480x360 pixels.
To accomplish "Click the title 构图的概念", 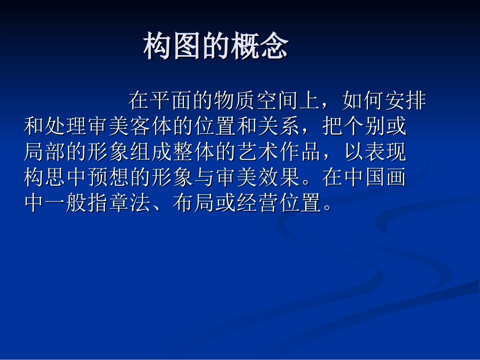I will pos(216,47).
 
